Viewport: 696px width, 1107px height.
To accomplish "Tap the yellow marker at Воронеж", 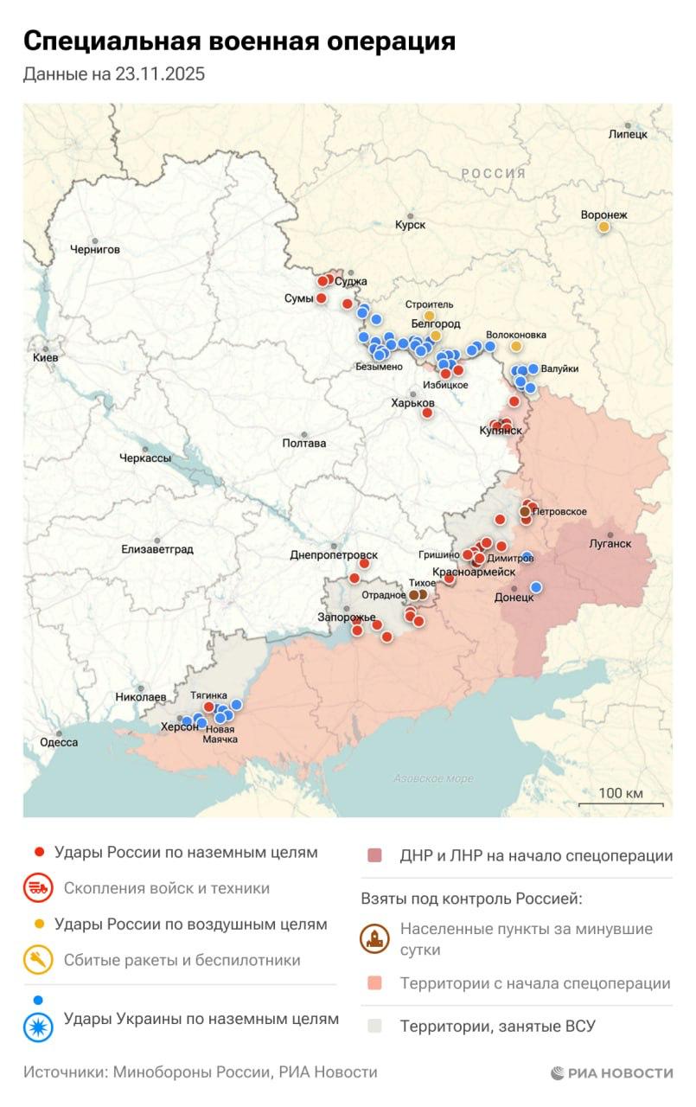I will point(604,227).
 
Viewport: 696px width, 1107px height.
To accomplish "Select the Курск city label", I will point(410,225).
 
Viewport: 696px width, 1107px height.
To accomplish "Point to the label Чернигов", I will point(95,249).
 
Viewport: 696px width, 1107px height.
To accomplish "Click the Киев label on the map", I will point(46,357).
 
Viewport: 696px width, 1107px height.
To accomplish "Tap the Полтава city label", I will point(304,443).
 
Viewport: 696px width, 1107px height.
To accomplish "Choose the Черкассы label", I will point(145,458).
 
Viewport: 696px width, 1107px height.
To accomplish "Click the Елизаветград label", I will point(157,549).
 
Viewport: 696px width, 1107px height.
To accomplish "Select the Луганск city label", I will point(610,544).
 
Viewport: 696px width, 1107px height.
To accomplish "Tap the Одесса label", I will point(59,742).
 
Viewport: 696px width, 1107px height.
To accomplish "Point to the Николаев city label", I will point(141,696).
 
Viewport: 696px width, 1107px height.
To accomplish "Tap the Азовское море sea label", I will point(433,778).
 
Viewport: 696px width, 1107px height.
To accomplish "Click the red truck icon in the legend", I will point(39,888).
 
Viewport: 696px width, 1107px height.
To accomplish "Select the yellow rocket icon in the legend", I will point(39,960).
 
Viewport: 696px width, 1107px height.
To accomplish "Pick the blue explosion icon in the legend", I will point(39,1026).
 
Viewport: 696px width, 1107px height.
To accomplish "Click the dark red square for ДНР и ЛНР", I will point(374,856).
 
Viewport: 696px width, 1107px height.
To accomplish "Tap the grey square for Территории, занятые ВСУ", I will point(374,1027).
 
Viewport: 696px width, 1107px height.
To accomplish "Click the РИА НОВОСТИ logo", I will point(611,1072).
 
